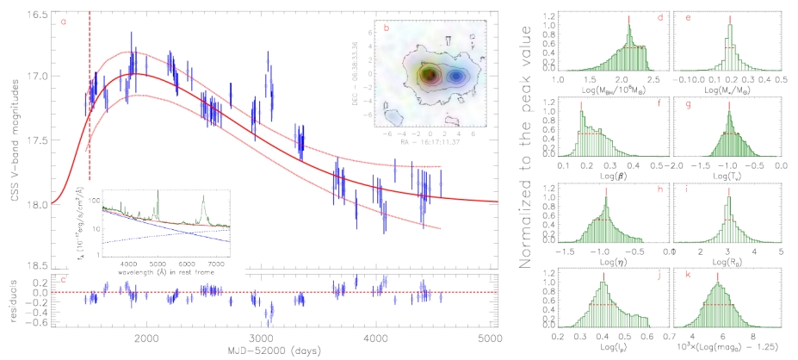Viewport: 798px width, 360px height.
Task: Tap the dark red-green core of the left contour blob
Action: (426, 75)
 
